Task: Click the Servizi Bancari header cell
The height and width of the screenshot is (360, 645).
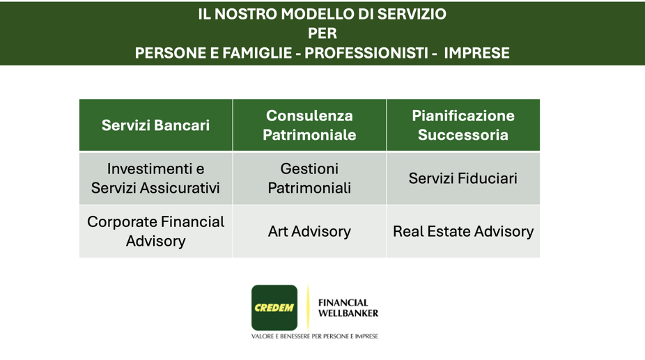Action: click(x=155, y=125)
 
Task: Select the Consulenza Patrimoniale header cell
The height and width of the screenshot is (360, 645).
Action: click(x=309, y=125)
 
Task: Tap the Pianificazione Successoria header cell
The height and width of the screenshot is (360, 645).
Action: click(x=463, y=125)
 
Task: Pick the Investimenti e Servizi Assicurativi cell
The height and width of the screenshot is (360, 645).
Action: click(x=155, y=178)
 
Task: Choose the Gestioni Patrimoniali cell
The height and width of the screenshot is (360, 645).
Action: click(x=309, y=178)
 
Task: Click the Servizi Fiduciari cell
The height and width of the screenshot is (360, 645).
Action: click(x=463, y=178)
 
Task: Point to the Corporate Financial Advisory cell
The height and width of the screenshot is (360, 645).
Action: click(x=155, y=231)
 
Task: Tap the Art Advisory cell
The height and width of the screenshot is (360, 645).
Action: click(x=309, y=231)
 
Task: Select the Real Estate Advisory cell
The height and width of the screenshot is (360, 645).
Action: click(x=463, y=231)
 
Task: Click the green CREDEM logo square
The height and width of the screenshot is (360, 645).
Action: click(x=274, y=308)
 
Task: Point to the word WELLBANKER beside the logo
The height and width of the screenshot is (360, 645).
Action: click(x=348, y=313)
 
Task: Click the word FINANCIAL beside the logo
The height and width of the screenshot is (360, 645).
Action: click(x=343, y=303)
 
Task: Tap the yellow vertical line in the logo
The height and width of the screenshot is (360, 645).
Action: click(x=308, y=308)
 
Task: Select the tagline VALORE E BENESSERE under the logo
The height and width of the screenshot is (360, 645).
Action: click(x=315, y=337)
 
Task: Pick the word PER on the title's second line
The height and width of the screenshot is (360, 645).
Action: click(x=322, y=33)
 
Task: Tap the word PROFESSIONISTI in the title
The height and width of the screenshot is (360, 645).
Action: click(x=365, y=53)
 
